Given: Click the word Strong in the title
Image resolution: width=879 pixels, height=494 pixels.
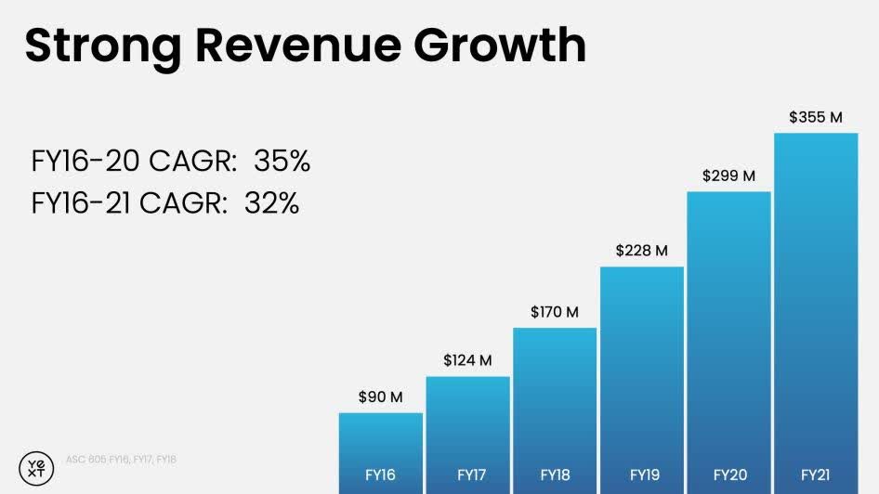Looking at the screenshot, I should point(98,45).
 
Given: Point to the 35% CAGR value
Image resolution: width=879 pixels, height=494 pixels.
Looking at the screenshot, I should point(282,162).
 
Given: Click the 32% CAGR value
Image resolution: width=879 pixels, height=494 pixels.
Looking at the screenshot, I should point(271,203).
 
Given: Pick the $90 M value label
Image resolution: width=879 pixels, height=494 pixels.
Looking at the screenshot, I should point(380,396).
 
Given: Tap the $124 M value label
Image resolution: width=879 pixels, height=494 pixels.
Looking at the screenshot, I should point(467,359).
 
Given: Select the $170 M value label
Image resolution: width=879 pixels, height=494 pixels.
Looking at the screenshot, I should point(554,311).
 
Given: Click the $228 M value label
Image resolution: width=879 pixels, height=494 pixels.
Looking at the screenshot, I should point(641,250).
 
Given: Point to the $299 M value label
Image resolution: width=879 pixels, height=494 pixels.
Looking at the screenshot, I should point(728,175).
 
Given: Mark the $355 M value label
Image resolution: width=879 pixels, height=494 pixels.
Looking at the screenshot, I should point(815,117).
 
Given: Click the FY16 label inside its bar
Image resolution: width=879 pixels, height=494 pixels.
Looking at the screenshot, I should point(380,475).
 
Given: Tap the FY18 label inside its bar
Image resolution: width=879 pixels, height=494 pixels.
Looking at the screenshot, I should point(554,475).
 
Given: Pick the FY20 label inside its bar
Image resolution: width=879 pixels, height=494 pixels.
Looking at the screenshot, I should point(728,475).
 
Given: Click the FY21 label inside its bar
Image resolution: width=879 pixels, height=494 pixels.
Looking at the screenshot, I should point(815,475).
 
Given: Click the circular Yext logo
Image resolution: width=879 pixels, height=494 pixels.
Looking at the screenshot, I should point(36,467).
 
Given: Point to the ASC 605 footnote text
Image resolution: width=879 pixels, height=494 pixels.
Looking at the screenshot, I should point(121,460).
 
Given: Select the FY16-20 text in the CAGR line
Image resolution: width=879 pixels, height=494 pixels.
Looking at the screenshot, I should point(83,162).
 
